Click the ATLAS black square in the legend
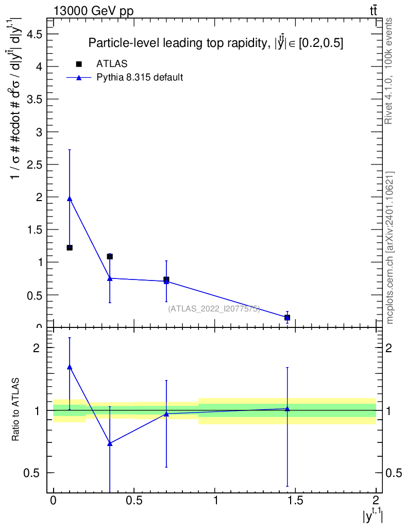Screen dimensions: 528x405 [79, 64]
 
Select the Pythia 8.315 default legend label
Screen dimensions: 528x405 [140, 78]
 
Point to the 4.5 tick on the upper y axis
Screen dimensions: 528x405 [34, 34]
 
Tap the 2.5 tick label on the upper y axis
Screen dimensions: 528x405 [34, 164]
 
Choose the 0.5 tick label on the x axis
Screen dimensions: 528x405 [133, 500]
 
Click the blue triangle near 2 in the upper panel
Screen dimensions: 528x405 [70, 199]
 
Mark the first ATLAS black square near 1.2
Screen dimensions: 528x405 [70, 247]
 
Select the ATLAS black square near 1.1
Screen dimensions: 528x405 [110, 256]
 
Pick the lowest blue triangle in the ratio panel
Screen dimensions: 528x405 [110, 443]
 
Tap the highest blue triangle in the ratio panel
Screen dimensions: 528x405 [70, 367]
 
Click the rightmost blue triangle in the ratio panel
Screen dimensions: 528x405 [287, 409]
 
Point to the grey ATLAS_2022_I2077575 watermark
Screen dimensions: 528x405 [214, 308]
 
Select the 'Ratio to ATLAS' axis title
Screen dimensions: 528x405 [16, 410]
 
